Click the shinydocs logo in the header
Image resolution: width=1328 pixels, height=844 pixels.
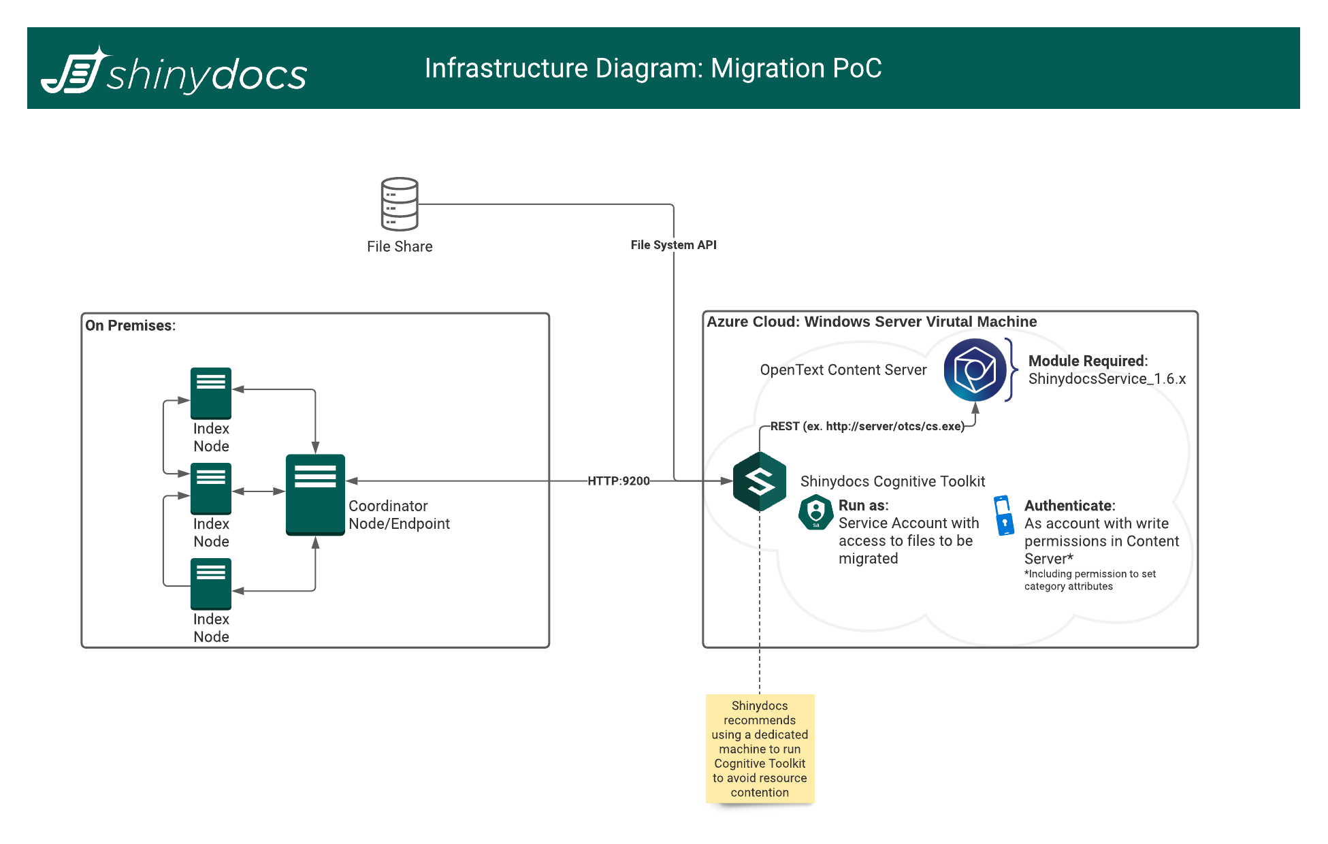(174, 71)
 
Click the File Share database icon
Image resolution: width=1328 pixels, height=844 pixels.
(400, 204)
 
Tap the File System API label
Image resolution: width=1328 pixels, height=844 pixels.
(673, 245)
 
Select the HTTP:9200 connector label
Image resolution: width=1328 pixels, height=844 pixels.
(618, 481)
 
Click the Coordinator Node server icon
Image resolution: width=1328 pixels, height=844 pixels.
(315, 494)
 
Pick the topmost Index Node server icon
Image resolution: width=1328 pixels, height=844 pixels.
(211, 393)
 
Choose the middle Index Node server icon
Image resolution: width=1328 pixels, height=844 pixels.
(211, 488)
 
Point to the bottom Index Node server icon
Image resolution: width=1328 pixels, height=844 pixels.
(211, 583)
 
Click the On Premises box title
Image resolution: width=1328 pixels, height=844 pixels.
(130, 325)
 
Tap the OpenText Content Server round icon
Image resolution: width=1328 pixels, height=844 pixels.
(975, 370)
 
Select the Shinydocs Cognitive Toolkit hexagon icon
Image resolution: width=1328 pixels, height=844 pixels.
(760, 481)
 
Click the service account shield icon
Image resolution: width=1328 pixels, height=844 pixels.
(815, 513)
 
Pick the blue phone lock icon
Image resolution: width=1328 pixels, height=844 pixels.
(1003, 515)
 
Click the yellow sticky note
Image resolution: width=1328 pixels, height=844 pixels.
(760, 749)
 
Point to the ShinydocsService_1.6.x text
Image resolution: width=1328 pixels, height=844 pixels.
(1107, 379)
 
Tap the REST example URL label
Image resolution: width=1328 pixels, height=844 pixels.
(867, 427)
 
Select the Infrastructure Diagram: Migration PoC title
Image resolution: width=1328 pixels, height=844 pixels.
(653, 68)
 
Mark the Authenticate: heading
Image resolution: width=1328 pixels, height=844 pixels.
(1069, 506)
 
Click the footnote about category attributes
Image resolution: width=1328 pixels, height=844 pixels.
(1089, 580)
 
